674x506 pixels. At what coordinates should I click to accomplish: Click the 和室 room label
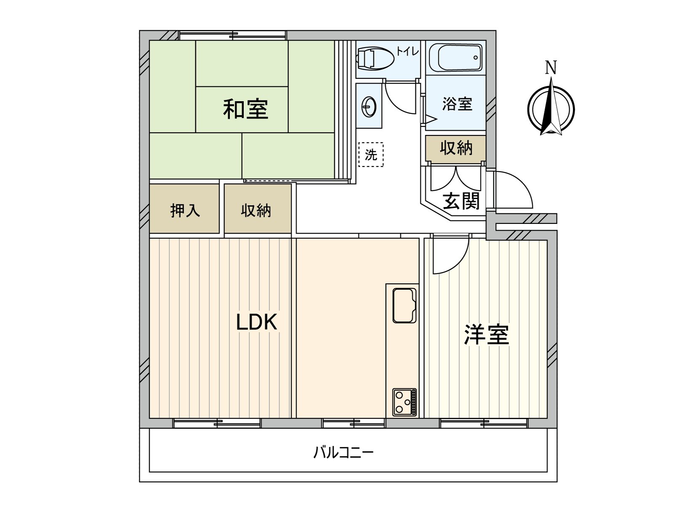pos(246,109)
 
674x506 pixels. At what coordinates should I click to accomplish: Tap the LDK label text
pos(256,323)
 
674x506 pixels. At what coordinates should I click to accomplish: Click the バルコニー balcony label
pos(344,453)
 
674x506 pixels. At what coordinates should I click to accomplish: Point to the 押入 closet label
pos(185,210)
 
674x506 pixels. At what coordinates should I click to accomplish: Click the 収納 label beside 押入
pos(256,210)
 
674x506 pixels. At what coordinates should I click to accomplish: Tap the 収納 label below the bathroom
pos(456,148)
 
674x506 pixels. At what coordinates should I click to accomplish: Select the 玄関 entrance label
pos(461,201)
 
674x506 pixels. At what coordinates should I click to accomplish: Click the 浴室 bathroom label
pos(457,104)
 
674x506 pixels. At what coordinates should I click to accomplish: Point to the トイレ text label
pos(407,51)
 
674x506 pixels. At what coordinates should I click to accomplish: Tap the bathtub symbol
pos(456,58)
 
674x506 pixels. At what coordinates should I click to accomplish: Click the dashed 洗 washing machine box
pos(371,154)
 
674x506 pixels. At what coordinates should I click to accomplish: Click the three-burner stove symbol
pos(404,401)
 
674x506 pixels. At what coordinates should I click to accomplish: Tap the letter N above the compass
pos(551,68)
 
